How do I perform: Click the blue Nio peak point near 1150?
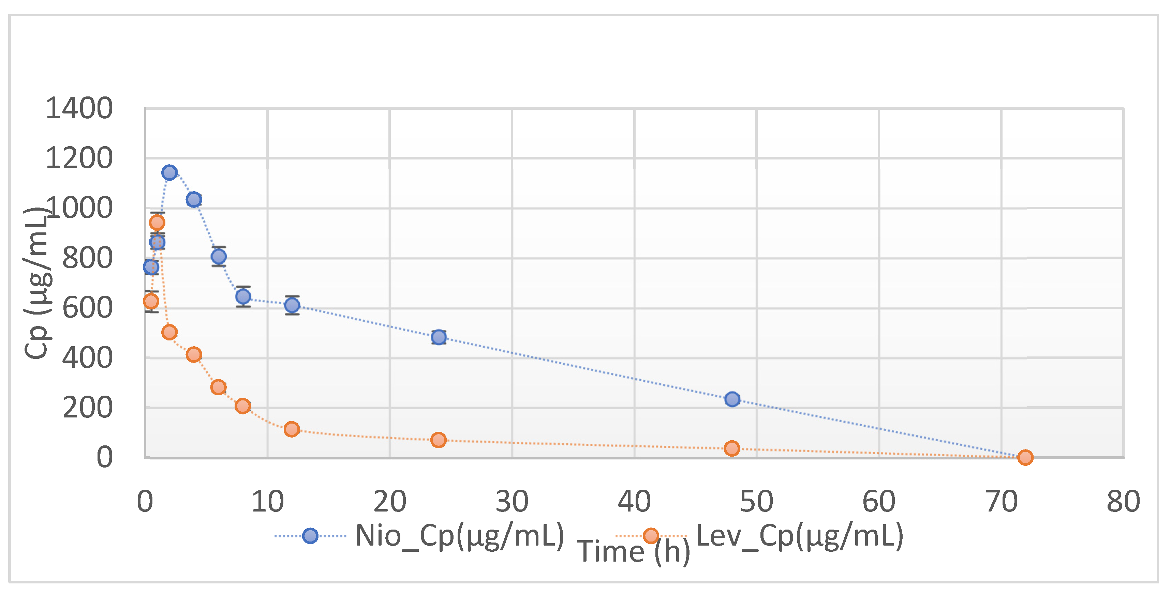tap(169, 172)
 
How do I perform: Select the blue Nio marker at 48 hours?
tap(732, 399)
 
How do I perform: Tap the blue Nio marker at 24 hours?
tap(439, 337)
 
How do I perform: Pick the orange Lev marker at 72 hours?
tap(1025, 457)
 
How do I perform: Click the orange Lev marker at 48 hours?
tap(732, 448)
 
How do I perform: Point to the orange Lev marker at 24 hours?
tap(438, 440)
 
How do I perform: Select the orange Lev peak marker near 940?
tap(157, 223)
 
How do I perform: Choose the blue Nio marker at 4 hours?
tap(194, 199)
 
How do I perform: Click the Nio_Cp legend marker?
tap(310, 536)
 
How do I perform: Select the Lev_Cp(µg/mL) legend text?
tap(799, 536)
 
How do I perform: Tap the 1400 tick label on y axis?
tap(79, 109)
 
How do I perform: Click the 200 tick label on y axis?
tap(87, 408)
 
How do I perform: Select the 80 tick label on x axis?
tap(1123, 501)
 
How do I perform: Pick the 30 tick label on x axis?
tap(512, 501)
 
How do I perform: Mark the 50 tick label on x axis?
tap(756, 501)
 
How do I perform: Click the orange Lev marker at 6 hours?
tap(219, 387)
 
